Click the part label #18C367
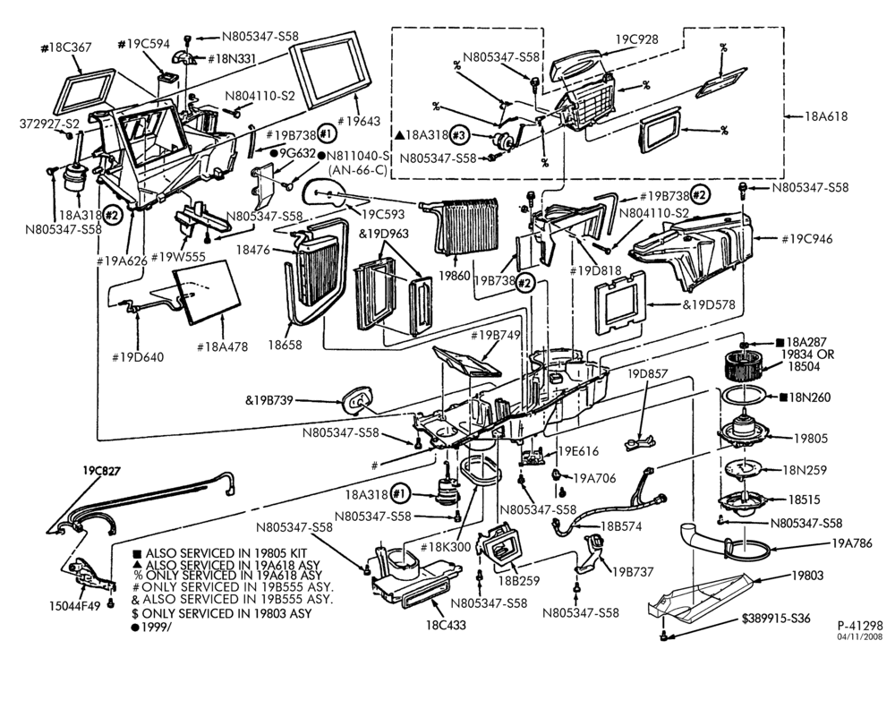pos(66,47)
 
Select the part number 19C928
pos(636,39)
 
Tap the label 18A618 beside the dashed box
pos(826,115)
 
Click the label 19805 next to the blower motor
pos(811,439)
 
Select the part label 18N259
pos(805,470)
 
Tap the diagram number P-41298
pos(860,626)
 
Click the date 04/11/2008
pos(860,636)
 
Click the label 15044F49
pos(75,606)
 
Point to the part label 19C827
pos(102,471)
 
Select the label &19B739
pos(268,400)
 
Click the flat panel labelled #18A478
pos(206,291)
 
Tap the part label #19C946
pos(807,239)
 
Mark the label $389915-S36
pos(776,619)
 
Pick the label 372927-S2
pos(49,124)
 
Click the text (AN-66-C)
pos(358,169)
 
